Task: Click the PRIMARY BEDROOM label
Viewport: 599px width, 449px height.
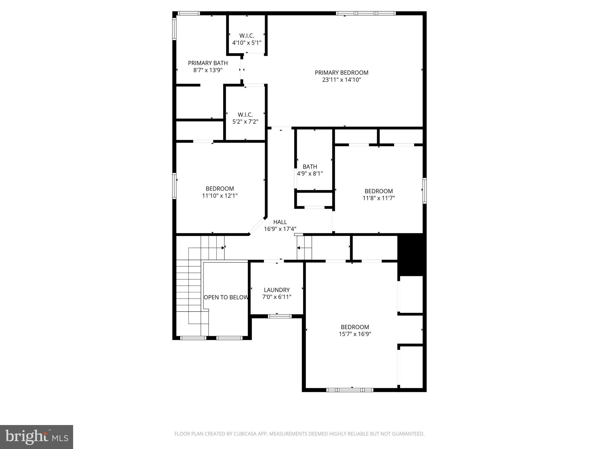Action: pyautogui.click(x=341, y=72)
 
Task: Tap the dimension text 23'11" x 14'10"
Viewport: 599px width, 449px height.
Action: pyautogui.click(x=341, y=80)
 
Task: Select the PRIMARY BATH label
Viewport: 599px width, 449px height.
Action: pyautogui.click(x=208, y=63)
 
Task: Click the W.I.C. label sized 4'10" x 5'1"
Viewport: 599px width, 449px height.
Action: pyautogui.click(x=247, y=36)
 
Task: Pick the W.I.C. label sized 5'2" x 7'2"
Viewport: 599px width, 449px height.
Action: pyautogui.click(x=245, y=115)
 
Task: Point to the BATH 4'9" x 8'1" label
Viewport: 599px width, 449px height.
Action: pyautogui.click(x=310, y=167)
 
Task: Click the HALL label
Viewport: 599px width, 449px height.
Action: pyautogui.click(x=280, y=222)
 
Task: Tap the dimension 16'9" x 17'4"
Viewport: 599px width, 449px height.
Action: pyautogui.click(x=280, y=229)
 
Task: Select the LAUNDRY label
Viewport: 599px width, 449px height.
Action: pyautogui.click(x=277, y=290)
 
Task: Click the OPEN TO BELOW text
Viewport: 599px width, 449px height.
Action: pyautogui.click(x=226, y=297)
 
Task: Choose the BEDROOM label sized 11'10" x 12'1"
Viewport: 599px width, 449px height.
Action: pyautogui.click(x=220, y=189)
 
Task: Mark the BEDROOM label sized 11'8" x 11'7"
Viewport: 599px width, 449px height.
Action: pyautogui.click(x=378, y=191)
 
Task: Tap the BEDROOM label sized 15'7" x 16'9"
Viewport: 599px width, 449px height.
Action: pyautogui.click(x=355, y=327)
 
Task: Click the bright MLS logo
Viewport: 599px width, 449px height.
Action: pyautogui.click(x=36, y=437)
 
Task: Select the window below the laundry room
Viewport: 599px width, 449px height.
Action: pyautogui.click(x=280, y=316)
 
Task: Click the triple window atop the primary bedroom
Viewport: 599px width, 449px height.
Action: pyautogui.click(x=366, y=13)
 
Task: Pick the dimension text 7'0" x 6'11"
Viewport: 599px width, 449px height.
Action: pyautogui.click(x=277, y=297)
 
